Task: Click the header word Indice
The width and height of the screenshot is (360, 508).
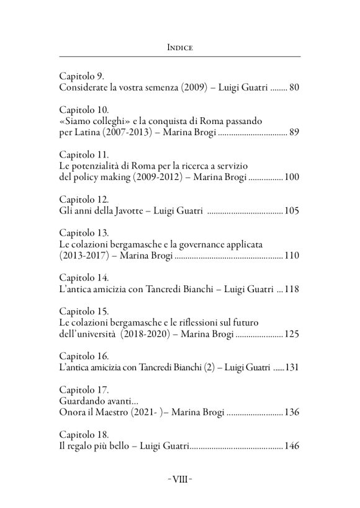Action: [179, 46]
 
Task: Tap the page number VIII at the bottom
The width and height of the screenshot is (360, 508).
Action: [179, 479]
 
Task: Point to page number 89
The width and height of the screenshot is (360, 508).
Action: [294, 132]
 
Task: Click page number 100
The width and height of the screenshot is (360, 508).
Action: [292, 177]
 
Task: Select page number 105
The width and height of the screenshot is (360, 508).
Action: [292, 212]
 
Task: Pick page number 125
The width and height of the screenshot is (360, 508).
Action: [292, 334]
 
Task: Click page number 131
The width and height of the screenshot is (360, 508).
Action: [292, 367]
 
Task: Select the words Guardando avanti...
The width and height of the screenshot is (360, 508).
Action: [96, 401]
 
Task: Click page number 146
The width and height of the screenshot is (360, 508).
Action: [292, 446]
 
